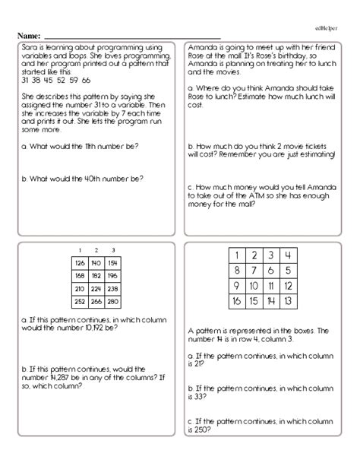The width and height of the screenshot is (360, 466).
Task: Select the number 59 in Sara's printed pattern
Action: [73, 80]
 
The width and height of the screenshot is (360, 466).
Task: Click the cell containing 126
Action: [80, 263]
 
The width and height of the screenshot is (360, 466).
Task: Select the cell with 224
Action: [96, 288]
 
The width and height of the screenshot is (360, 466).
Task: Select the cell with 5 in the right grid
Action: [287, 270]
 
